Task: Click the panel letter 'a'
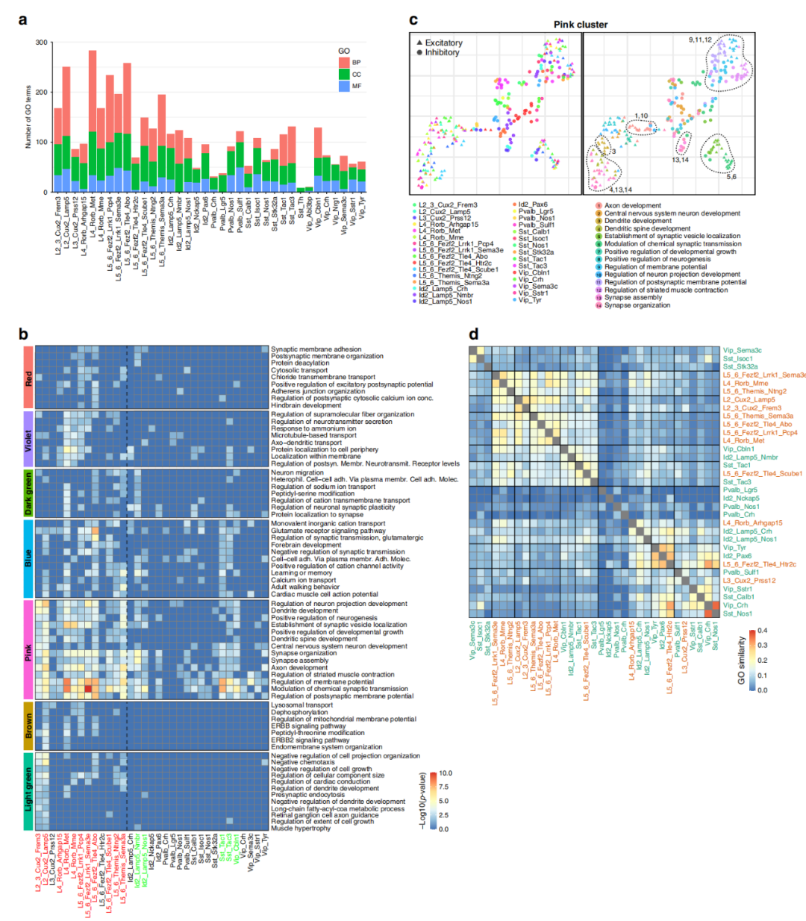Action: tap(22, 19)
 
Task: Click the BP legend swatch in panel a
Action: tap(344, 63)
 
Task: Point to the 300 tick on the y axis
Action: tap(41, 43)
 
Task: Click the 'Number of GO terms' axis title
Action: tap(28, 116)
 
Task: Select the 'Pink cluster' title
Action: tap(580, 25)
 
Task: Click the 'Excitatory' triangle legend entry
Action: tap(440, 43)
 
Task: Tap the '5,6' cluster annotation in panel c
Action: tap(731, 177)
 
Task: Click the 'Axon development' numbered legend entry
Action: tap(632, 205)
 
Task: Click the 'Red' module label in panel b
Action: tap(28, 378)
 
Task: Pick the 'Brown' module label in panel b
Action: tap(28, 726)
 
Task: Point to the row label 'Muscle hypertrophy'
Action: tap(300, 828)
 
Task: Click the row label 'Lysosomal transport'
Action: tap(302, 705)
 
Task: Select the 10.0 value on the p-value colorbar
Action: tap(445, 773)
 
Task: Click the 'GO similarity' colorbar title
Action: tap(741, 661)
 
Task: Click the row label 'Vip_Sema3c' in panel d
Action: tap(742, 350)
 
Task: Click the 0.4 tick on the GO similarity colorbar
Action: tap(762, 631)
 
